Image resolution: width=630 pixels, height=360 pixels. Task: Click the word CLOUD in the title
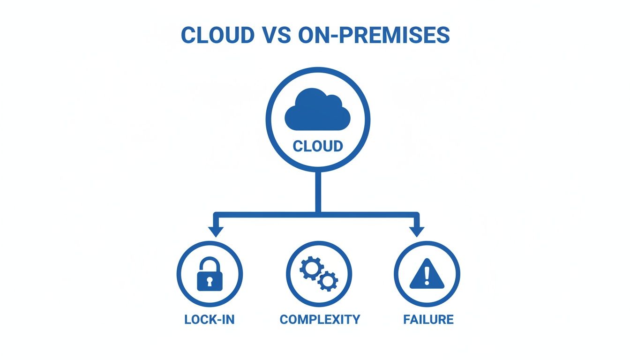coord(217,35)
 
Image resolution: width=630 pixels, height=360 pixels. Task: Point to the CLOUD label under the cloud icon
coord(318,146)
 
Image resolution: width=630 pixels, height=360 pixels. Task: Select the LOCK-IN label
coord(210,320)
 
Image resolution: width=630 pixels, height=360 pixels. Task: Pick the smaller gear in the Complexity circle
coord(328,281)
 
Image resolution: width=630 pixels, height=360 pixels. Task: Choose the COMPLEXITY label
coord(320,320)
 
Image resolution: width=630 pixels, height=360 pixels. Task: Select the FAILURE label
coord(428,320)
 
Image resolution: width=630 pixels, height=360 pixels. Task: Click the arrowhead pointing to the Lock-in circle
coord(216,232)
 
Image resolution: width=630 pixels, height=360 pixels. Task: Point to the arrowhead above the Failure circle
coord(416,232)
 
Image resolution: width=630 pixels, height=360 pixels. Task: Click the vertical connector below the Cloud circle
coord(318,192)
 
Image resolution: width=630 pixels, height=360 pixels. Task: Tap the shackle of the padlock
coord(210,263)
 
